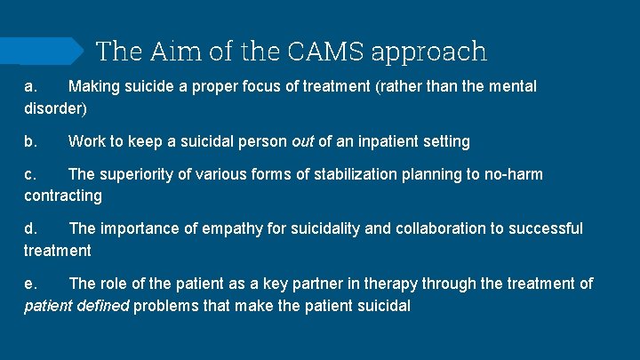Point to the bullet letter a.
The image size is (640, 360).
click(x=29, y=87)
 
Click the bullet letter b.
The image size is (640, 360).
click(x=29, y=141)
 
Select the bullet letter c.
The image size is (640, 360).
click(x=29, y=174)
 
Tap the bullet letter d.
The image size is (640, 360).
click(x=29, y=228)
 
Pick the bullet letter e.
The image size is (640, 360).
click(x=29, y=284)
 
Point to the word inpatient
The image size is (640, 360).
click(x=385, y=141)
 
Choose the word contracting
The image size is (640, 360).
click(x=63, y=196)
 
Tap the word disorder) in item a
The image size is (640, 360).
click(x=55, y=108)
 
